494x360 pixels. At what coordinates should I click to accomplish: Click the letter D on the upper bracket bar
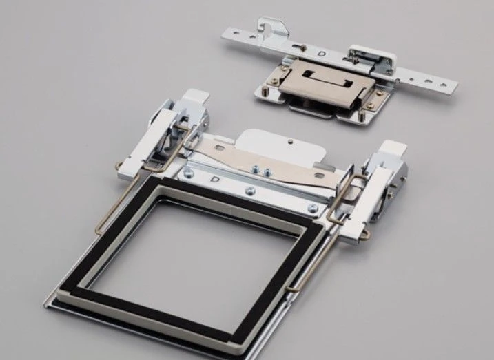(322, 54)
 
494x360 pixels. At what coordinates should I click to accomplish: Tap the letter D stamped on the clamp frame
(215, 180)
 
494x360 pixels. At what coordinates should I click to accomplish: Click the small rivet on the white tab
(291, 142)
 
